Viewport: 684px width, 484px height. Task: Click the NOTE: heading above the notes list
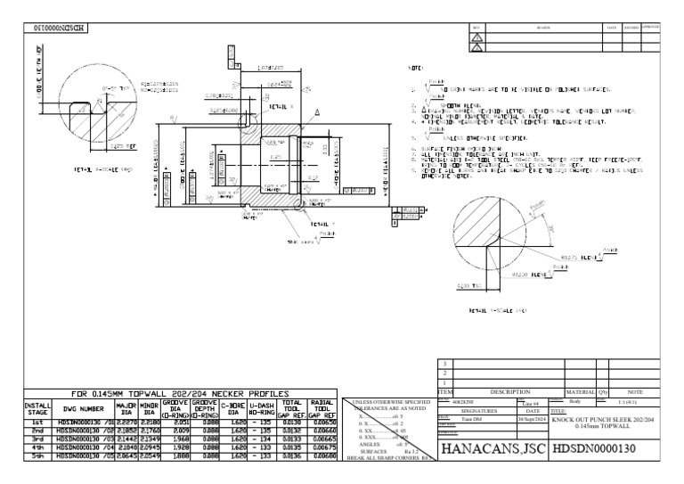click(x=415, y=68)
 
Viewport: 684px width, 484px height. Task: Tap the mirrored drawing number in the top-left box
click(x=55, y=29)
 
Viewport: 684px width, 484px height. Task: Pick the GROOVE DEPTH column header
click(x=205, y=411)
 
